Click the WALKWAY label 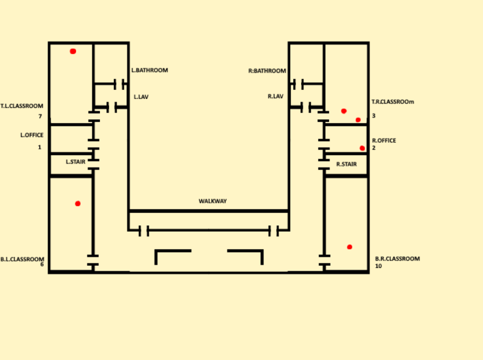point(213,201)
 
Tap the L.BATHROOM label point(150,70)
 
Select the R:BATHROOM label point(267,71)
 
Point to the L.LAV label point(141,97)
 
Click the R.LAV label point(276,97)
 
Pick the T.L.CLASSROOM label point(22,106)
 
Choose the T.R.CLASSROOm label point(393,102)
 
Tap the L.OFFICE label point(32,135)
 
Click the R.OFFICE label point(384,140)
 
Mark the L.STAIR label point(76,162)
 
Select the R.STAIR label point(347,164)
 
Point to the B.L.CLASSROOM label point(22,258)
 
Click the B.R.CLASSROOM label point(397,258)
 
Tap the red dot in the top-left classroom point(73,51)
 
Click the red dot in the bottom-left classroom point(78,203)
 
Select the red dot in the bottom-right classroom point(349,246)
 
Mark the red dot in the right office point(362,148)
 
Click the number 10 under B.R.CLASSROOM point(378,266)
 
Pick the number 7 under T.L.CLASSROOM point(40,116)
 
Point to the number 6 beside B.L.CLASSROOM point(42,264)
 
